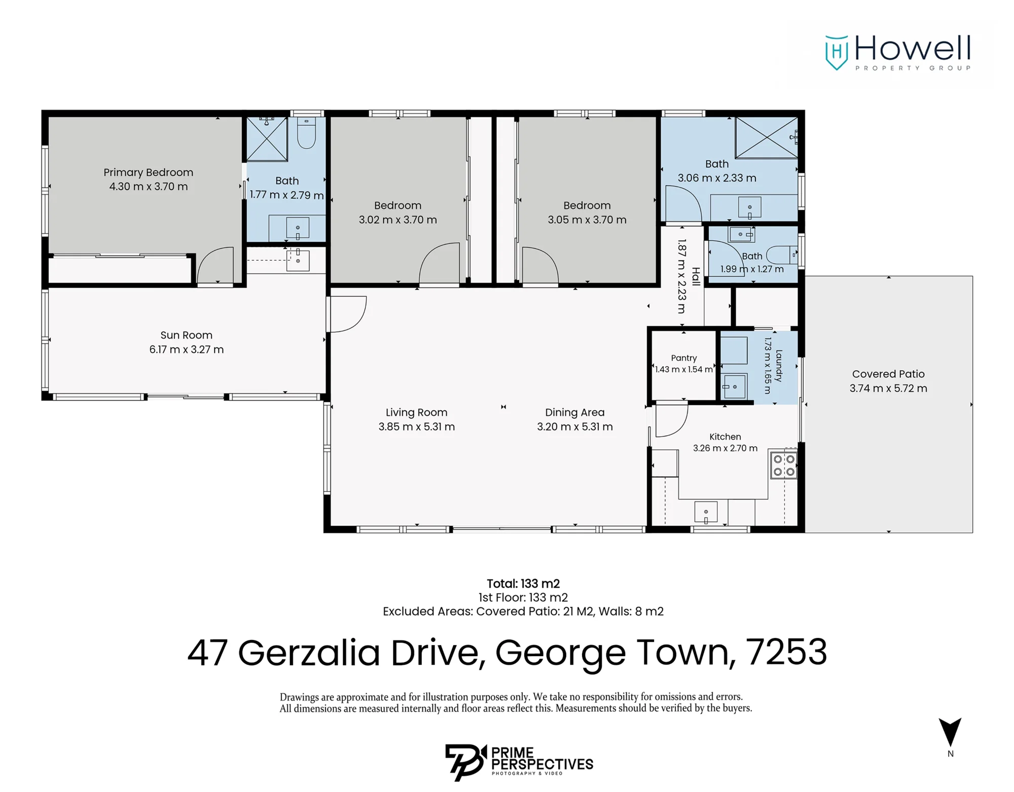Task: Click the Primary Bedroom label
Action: (x=148, y=172)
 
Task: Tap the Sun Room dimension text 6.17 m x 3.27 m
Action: (x=186, y=349)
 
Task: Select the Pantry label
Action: (x=683, y=358)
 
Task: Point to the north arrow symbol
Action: (x=950, y=732)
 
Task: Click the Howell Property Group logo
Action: (x=898, y=52)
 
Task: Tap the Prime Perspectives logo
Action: (x=519, y=762)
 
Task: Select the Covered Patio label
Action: (x=888, y=374)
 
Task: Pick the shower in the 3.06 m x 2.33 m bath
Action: (x=767, y=137)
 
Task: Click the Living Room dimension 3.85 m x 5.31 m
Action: (x=416, y=427)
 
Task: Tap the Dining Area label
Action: (x=574, y=412)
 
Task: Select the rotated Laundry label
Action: (x=779, y=366)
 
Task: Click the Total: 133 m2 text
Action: (x=523, y=584)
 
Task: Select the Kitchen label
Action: (x=725, y=437)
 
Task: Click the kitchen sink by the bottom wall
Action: (x=706, y=513)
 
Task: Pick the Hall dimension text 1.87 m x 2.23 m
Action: (x=682, y=276)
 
